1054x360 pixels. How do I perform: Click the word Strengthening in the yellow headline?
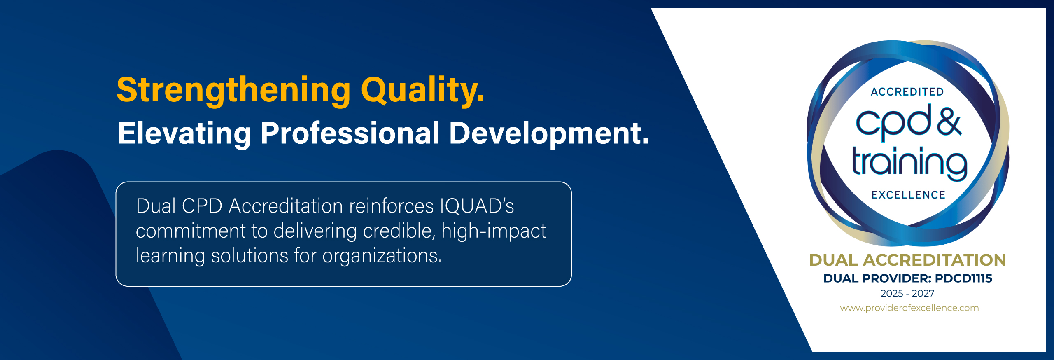pyautogui.click(x=233, y=91)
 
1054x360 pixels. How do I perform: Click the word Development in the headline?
pyautogui.click(x=549, y=133)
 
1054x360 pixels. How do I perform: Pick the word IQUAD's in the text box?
pyautogui.click(x=477, y=206)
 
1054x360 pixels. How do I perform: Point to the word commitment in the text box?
pyautogui.click(x=190, y=231)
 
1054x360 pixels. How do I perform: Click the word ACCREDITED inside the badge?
pyautogui.click(x=907, y=92)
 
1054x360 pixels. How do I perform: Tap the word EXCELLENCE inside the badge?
pyautogui.click(x=908, y=195)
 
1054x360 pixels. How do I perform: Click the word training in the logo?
pyautogui.click(x=909, y=164)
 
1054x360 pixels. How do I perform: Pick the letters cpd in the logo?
pyautogui.click(x=893, y=122)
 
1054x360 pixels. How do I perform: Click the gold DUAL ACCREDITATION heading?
pyautogui.click(x=907, y=260)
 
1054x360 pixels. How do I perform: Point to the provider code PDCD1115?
pyautogui.click(x=963, y=278)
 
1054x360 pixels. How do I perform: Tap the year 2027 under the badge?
pyautogui.click(x=923, y=294)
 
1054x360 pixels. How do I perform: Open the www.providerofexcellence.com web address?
pyautogui.click(x=909, y=308)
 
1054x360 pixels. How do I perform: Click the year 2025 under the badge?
pyautogui.click(x=892, y=294)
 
